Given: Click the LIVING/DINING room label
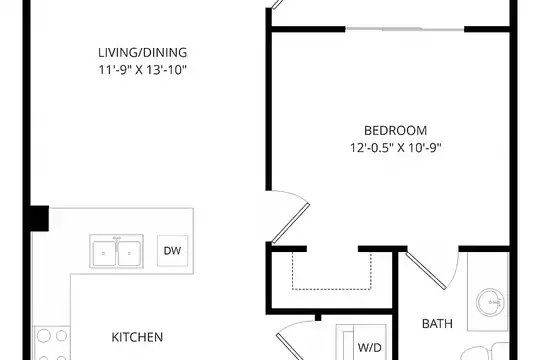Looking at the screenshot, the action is pos(143,53).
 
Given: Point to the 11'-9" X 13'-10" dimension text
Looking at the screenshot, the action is pos(143,70).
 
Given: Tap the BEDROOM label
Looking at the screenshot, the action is pos(395,131).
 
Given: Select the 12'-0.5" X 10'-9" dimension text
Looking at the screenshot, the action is pos(396,148).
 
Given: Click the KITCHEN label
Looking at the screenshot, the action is pos(137,337).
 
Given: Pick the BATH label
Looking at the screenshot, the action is pos(437,324).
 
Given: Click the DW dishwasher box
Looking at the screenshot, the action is pos(173,251).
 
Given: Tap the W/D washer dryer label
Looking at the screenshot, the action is pos(370,348).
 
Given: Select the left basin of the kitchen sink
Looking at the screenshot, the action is pos(104,253).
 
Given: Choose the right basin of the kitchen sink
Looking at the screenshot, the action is pos(129,253).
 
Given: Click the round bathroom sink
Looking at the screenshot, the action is pos(490,302).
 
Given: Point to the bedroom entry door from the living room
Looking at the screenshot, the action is pos(291,223).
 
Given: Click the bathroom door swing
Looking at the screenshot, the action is pos(426,271).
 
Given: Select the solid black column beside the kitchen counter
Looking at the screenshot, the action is pos(39,218).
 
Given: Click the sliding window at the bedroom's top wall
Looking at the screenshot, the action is pos(405,29).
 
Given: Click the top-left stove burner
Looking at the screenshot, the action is pos(44,336).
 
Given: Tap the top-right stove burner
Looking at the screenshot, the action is pos(61,336).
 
